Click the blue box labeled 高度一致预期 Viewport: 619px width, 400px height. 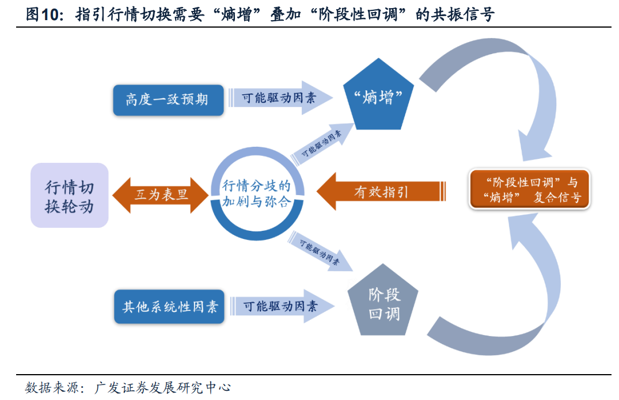coord(167,100)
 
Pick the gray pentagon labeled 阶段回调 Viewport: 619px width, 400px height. coord(383,303)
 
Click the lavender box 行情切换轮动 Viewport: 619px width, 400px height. coord(69,196)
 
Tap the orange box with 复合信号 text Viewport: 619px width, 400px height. coord(529,190)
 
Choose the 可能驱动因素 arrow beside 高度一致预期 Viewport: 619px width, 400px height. coord(279,98)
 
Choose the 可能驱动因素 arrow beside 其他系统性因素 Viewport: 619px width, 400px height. coord(281,306)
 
